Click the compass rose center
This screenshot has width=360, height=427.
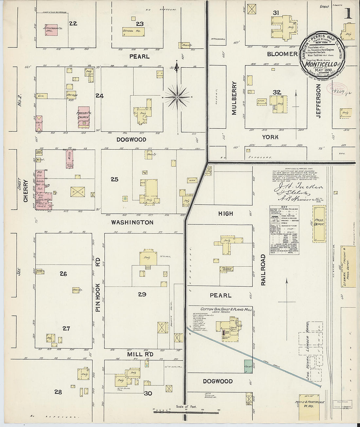click(177, 97)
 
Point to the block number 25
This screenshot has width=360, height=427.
click(114, 179)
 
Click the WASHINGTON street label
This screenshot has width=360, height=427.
click(132, 222)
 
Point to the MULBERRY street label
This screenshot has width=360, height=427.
click(234, 98)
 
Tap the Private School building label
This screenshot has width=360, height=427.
click(227, 269)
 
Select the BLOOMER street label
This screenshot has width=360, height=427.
click(282, 54)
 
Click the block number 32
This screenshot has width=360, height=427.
click(277, 92)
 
